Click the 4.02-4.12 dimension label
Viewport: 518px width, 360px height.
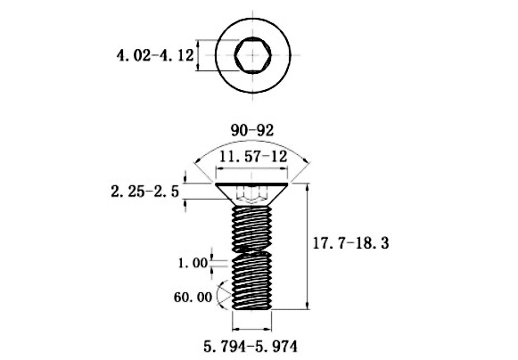pos(155,55)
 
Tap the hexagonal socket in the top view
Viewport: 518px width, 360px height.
pos(253,55)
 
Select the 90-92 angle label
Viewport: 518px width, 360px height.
pos(252,130)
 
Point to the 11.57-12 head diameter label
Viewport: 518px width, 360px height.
pos(253,156)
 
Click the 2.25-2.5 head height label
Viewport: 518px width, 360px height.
pos(145,192)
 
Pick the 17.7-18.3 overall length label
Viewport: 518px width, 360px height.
pos(351,243)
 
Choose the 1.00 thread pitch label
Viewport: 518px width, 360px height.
pos(193,263)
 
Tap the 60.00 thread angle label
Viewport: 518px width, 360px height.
pos(193,298)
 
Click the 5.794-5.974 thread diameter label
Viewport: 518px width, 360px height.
pos(251,347)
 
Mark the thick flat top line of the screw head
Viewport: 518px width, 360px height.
pos(251,184)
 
